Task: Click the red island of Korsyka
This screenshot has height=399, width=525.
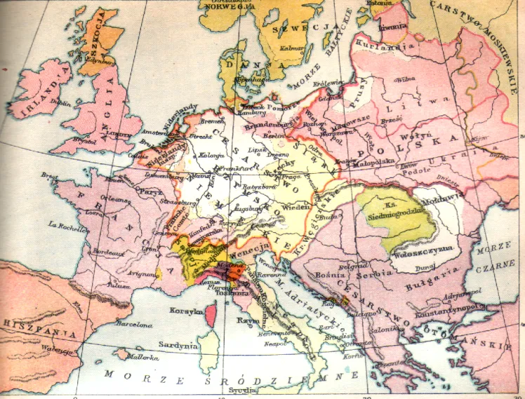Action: pyautogui.click(x=210, y=318)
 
